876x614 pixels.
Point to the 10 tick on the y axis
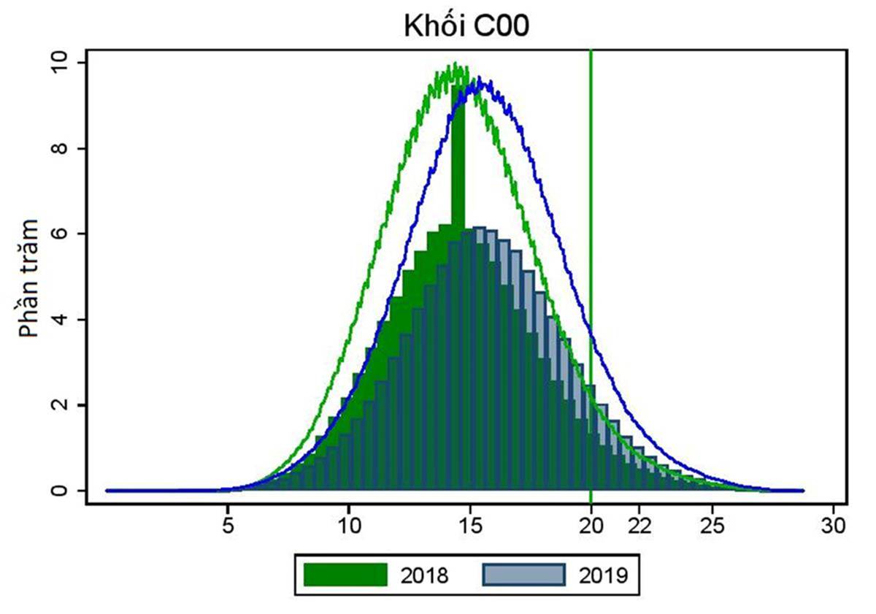point(61,63)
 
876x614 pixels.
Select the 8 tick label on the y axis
point(61,148)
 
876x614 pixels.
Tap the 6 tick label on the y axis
point(61,234)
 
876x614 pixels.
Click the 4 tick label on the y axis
point(61,320)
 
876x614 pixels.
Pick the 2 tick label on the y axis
point(61,405)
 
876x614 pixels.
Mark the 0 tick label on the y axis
point(61,491)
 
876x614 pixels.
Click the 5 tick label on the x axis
point(228,526)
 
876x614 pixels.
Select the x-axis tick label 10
point(349,526)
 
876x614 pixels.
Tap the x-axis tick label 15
point(470,526)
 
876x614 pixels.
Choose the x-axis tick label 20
point(591,526)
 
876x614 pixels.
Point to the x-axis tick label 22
point(639,526)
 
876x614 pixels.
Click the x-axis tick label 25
point(712,526)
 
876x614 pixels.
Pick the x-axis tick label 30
point(833,526)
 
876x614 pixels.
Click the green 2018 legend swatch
point(345,575)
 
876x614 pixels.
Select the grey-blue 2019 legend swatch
point(524,575)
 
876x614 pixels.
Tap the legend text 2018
point(425,575)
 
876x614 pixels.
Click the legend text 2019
point(604,575)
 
